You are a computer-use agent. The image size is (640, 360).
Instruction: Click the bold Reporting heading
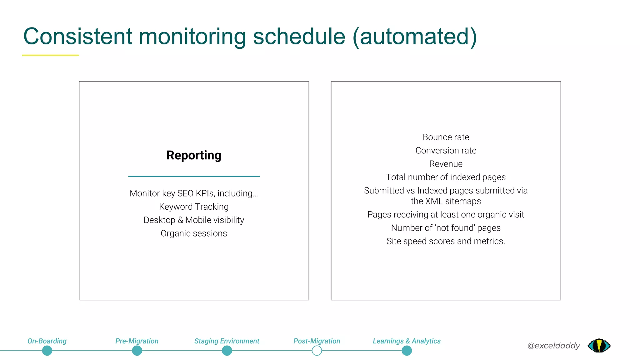(194, 155)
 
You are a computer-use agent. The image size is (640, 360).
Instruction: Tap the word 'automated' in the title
(414, 37)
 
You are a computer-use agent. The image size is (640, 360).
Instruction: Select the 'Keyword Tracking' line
(194, 207)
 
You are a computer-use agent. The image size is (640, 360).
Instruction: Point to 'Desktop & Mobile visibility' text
(194, 220)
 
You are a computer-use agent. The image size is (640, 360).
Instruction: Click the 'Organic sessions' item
(194, 233)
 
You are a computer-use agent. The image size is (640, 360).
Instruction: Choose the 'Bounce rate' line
(446, 137)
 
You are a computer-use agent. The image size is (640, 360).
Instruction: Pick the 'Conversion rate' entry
(446, 151)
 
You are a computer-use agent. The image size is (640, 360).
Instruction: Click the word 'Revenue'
(446, 164)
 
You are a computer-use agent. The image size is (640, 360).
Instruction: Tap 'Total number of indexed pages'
(446, 177)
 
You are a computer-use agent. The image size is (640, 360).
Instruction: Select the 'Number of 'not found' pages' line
(446, 228)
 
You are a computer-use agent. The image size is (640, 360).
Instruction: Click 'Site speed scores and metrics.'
(446, 241)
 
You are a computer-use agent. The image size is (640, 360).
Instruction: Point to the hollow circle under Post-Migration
(317, 351)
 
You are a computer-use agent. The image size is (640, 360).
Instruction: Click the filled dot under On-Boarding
(47, 351)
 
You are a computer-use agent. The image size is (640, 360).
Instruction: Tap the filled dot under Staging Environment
(227, 351)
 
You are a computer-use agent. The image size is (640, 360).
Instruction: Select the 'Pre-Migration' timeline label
(137, 341)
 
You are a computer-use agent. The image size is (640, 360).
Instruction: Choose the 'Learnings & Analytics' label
(407, 341)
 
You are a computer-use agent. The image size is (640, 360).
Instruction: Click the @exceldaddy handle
(553, 346)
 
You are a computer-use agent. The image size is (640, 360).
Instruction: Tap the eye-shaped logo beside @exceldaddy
(599, 346)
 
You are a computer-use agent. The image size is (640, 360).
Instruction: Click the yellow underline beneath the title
(50, 55)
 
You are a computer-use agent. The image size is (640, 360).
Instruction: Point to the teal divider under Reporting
(194, 177)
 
